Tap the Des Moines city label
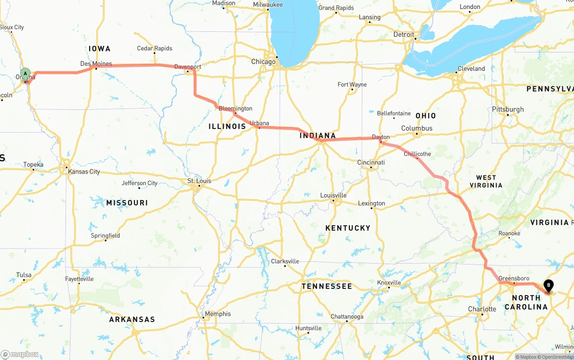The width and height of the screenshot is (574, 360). (96, 64)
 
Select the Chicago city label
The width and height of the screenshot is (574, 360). (263, 61)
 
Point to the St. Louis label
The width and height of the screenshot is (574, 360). (199, 181)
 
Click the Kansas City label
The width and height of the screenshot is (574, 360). (83, 171)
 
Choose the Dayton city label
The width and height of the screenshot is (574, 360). (381, 137)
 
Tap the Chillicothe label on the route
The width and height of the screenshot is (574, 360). (417, 154)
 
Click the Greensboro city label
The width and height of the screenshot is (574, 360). (513, 278)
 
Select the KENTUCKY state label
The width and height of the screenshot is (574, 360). (348, 228)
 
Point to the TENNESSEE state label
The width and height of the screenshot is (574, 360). (326, 286)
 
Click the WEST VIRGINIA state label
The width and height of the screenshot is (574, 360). (486, 182)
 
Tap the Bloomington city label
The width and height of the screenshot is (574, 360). (235, 108)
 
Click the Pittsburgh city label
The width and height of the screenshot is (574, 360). (508, 109)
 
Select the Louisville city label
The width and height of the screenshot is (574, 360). (333, 195)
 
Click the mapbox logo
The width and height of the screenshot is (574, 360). (20, 354)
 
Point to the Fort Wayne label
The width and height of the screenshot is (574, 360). (352, 84)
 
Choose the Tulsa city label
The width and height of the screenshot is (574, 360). (24, 275)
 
